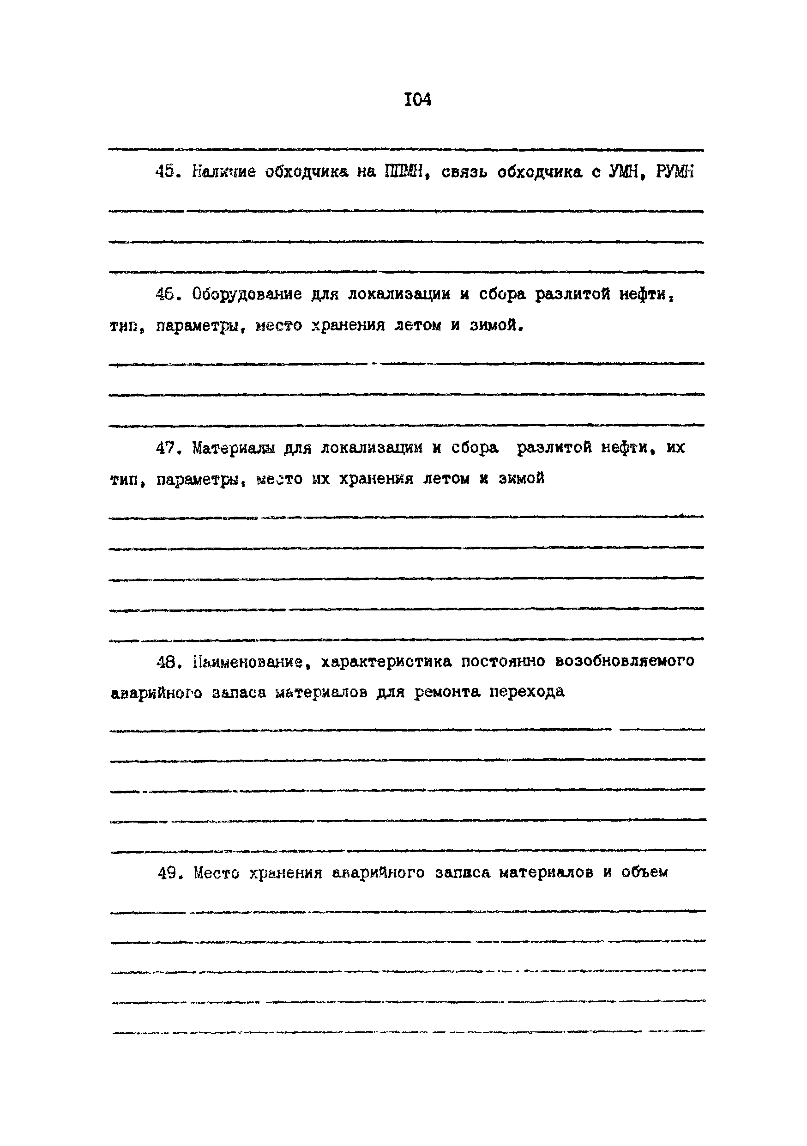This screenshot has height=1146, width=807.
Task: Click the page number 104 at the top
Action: [x=417, y=100]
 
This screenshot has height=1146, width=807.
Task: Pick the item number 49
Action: [x=168, y=873]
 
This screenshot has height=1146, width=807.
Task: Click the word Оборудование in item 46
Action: [x=247, y=294]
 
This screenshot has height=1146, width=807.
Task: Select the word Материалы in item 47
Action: [x=234, y=448]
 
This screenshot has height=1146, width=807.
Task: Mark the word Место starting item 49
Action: [x=217, y=873]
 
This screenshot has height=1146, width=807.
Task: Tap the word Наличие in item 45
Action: [x=224, y=172]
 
